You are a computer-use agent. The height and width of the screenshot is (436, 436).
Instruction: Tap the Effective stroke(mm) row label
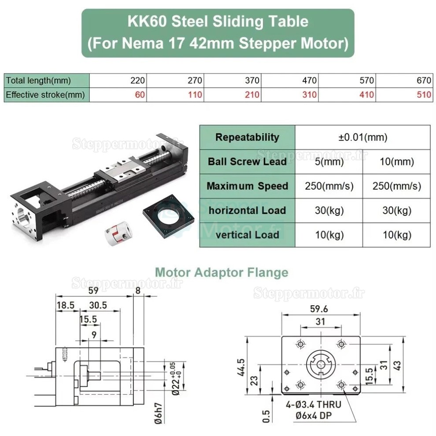(x=45, y=95)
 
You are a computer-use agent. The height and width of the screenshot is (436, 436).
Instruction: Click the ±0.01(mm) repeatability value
(x=362, y=137)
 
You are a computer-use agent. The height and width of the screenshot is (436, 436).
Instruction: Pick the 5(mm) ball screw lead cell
(x=329, y=162)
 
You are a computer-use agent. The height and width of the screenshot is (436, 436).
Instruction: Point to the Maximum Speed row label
(x=248, y=186)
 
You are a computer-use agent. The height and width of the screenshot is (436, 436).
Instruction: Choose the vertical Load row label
(x=248, y=235)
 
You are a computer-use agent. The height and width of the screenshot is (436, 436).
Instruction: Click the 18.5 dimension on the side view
(x=65, y=305)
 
